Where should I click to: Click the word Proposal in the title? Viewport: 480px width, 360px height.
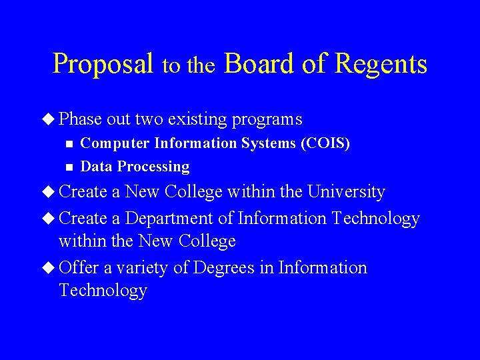pyautogui.click(x=103, y=64)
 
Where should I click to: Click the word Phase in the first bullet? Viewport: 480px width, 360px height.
pyautogui.click(x=80, y=119)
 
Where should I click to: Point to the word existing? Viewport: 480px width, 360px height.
pyautogui.click(x=198, y=119)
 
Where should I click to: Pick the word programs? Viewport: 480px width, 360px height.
pyautogui.click(x=267, y=120)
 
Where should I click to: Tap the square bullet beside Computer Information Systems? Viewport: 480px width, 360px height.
pyautogui.click(x=65, y=143)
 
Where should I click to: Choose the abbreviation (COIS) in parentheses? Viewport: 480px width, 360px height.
pyautogui.click(x=326, y=143)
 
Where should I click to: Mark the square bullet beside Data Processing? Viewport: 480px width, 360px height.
pyautogui.click(x=65, y=167)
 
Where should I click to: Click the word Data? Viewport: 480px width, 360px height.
pyautogui.click(x=95, y=167)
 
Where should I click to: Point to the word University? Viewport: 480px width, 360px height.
pyautogui.click(x=346, y=192)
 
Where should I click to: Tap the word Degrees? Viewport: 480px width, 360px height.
pyautogui.click(x=223, y=268)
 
